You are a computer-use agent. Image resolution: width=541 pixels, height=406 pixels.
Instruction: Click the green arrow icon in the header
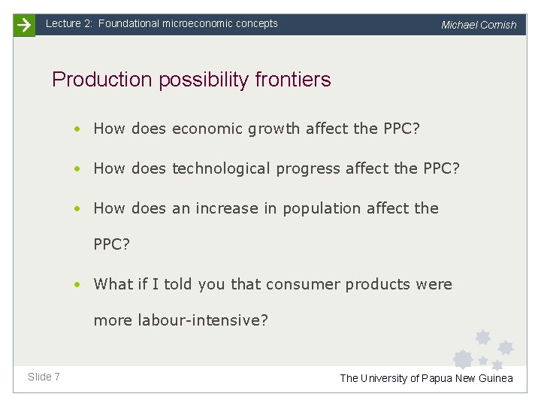coord(24,25)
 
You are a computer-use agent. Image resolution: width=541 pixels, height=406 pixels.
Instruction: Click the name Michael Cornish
coord(479,25)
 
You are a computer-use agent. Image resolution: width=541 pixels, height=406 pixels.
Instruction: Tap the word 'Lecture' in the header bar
coord(63,23)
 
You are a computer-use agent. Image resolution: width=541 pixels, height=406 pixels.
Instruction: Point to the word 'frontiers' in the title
coord(293,79)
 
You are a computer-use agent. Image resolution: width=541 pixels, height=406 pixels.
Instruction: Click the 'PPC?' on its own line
coord(110,244)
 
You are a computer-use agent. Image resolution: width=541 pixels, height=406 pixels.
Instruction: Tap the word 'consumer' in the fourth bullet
coord(312,284)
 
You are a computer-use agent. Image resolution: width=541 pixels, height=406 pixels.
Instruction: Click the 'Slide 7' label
coord(44,376)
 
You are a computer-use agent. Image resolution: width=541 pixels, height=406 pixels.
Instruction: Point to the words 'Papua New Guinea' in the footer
coord(467,378)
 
